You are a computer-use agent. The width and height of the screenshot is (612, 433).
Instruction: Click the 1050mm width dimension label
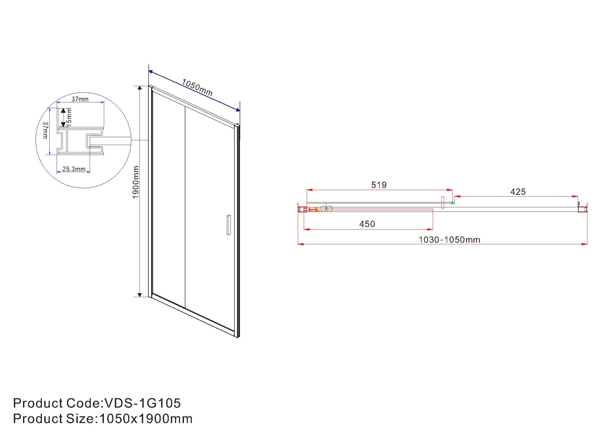click(197, 87)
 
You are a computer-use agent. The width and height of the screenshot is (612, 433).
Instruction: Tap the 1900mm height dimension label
click(136, 182)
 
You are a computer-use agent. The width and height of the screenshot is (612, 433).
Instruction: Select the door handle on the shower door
click(229, 225)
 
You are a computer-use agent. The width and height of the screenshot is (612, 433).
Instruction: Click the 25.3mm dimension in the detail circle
click(74, 169)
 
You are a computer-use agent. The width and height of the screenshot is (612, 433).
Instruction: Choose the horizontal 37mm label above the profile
click(80, 99)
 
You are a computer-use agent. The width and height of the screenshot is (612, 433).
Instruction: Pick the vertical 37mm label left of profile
click(45, 130)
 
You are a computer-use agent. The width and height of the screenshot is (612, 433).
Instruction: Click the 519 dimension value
click(379, 185)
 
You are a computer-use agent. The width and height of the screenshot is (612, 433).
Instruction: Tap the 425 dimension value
click(518, 192)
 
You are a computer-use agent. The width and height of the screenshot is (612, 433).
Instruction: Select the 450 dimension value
click(367, 224)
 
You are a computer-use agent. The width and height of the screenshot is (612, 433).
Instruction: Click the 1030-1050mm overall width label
click(449, 240)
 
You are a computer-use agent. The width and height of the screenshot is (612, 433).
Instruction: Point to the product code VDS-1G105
click(143, 403)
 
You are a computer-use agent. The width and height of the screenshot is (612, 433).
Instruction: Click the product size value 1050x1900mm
click(146, 419)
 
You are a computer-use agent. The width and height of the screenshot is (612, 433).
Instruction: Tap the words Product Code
click(56, 403)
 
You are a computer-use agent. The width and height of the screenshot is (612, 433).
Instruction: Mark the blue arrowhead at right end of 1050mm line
click(238, 110)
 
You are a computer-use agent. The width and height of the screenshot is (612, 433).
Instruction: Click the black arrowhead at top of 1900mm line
click(140, 88)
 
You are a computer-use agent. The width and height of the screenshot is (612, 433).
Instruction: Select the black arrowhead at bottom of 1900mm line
click(140, 295)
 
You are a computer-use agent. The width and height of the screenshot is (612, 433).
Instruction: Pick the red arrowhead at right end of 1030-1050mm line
click(585, 244)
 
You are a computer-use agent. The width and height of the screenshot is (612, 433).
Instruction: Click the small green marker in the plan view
click(453, 203)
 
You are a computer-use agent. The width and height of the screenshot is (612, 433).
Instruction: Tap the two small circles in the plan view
click(326, 209)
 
